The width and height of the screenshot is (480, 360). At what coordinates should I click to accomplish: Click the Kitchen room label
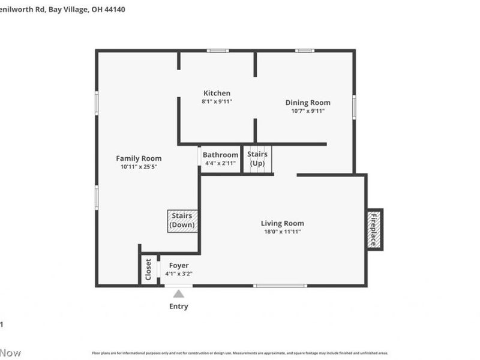click(x=217, y=93)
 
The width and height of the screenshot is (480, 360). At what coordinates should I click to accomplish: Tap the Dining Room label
click(x=307, y=103)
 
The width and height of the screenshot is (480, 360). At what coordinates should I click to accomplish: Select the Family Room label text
click(x=139, y=158)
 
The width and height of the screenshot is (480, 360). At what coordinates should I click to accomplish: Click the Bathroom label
click(x=220, y=155)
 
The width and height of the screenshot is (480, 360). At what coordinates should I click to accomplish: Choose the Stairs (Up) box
click(x=257, y=159)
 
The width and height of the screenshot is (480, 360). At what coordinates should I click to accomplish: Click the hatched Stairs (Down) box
click(x=182, y=220)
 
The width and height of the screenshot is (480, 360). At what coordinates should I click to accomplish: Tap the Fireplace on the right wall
click(x=374, y=229)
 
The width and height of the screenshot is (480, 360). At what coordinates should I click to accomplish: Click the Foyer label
click(x=179, y=265)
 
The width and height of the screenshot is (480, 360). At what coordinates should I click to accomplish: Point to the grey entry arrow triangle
click(x=179, y=293)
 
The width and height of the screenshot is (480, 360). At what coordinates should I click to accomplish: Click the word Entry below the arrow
click(x=179, y=307)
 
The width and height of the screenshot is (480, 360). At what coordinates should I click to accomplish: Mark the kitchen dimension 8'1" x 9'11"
click(x=217, y=102)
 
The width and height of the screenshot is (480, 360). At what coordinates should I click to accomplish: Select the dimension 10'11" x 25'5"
click(x=139, y=167)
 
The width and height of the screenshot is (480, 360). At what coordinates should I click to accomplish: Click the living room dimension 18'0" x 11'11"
click(x=282, y=232)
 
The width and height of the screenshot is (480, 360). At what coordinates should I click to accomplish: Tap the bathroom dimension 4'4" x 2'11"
click(x=220, y=163)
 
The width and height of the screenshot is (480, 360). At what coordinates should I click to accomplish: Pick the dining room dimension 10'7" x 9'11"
click(x=307, y=111)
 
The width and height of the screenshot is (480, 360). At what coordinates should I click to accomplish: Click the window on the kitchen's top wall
click(x=218, y=50)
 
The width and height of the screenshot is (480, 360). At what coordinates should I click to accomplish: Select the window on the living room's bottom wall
click(x=272, y=286)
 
